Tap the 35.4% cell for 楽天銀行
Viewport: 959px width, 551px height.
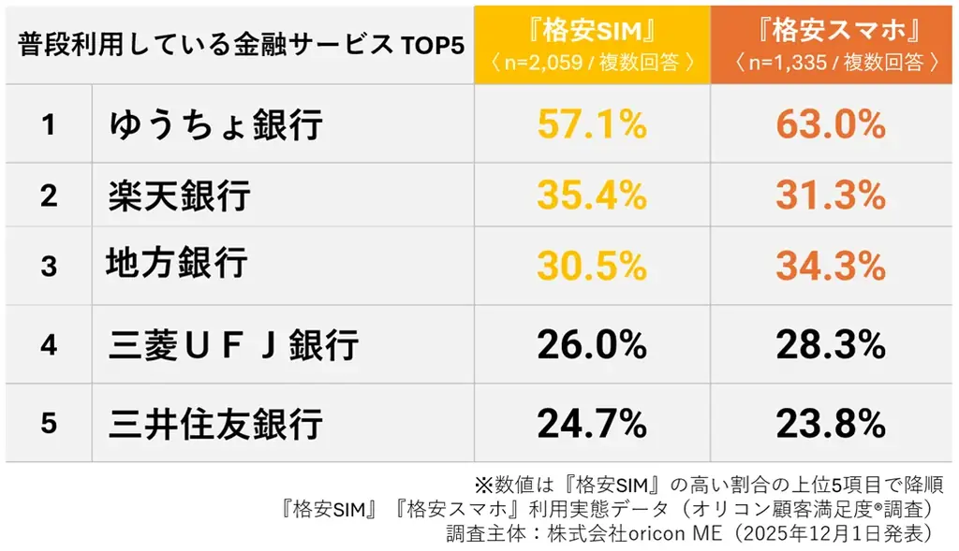(x=592, y=195)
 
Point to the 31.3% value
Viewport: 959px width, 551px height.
(x=831, y=195)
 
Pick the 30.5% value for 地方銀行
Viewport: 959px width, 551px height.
(x=592, y=266)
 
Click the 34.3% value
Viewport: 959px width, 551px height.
(x=831, y=266)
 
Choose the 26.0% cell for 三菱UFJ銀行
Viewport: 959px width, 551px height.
(x=592, y=346)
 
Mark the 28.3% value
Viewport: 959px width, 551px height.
(x=831, y=346)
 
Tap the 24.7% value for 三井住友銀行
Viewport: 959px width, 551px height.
(x=592, y=424)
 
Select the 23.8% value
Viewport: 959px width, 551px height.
(x=831, y=424)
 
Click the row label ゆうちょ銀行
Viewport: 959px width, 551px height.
(x=215, y=124)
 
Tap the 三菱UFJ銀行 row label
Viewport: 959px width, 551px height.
(x=233, y=346)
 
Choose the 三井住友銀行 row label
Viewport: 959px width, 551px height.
(x=215, y=424)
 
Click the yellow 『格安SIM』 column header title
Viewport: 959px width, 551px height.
(x=591, y=31)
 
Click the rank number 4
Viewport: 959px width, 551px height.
(x=49, y=346)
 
